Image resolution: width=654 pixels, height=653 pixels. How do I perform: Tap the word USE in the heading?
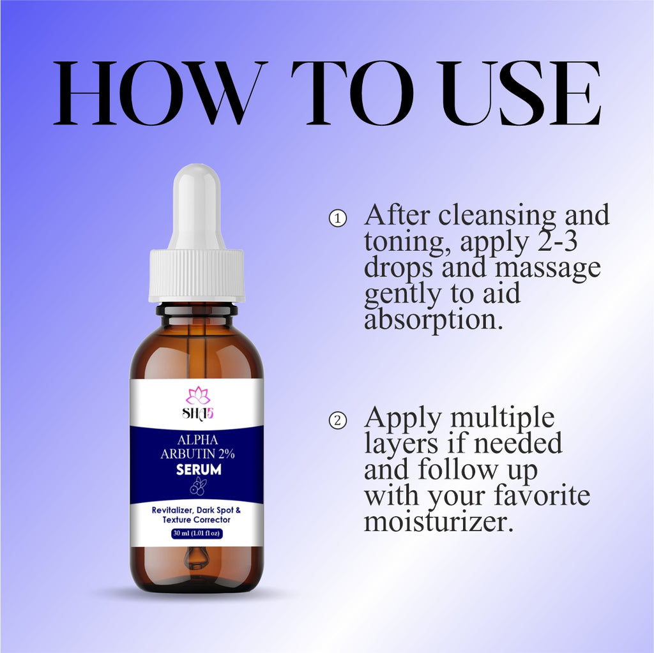coord(521,93)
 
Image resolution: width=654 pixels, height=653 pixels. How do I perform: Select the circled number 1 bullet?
coord(337,218)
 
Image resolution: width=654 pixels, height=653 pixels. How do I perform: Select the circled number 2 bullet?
coord(337,420)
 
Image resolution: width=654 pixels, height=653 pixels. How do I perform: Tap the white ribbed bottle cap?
coord(197,275)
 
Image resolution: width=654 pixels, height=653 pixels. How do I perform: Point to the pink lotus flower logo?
coord(198,396)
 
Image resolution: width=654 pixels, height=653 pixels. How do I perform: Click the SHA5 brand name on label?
coord(198,413)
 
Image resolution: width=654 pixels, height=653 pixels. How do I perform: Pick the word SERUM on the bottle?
coord(199,470)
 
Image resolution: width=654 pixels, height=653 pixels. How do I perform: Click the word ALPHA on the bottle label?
coord(198,440)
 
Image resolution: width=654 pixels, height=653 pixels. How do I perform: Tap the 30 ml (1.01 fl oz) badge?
coord(197,534)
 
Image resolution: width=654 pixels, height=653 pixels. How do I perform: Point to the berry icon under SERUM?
coord(198,486)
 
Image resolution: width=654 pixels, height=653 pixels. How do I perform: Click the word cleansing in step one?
coord(497,216)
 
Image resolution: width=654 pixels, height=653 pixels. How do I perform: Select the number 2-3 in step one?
coord(557,241)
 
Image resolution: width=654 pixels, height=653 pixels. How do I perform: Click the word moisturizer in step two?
coord(438,522)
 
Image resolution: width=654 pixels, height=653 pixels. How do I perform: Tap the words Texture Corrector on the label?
coord(197,520)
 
